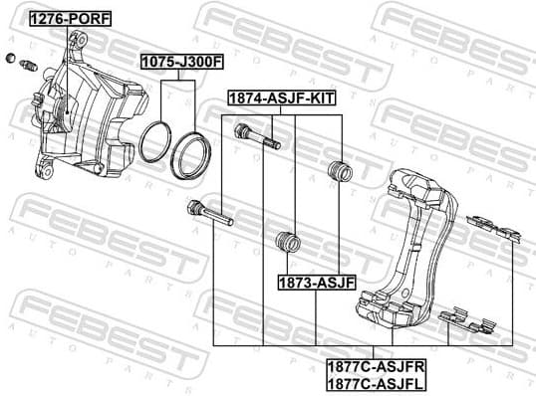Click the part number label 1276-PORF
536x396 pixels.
[x=70, y=18]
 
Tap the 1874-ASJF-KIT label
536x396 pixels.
[x=282, y=99]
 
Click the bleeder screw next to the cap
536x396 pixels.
[x=26, y=67]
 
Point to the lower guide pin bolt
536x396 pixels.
[x=209, y=213]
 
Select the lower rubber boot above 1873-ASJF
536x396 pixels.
[x=287, y=243]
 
